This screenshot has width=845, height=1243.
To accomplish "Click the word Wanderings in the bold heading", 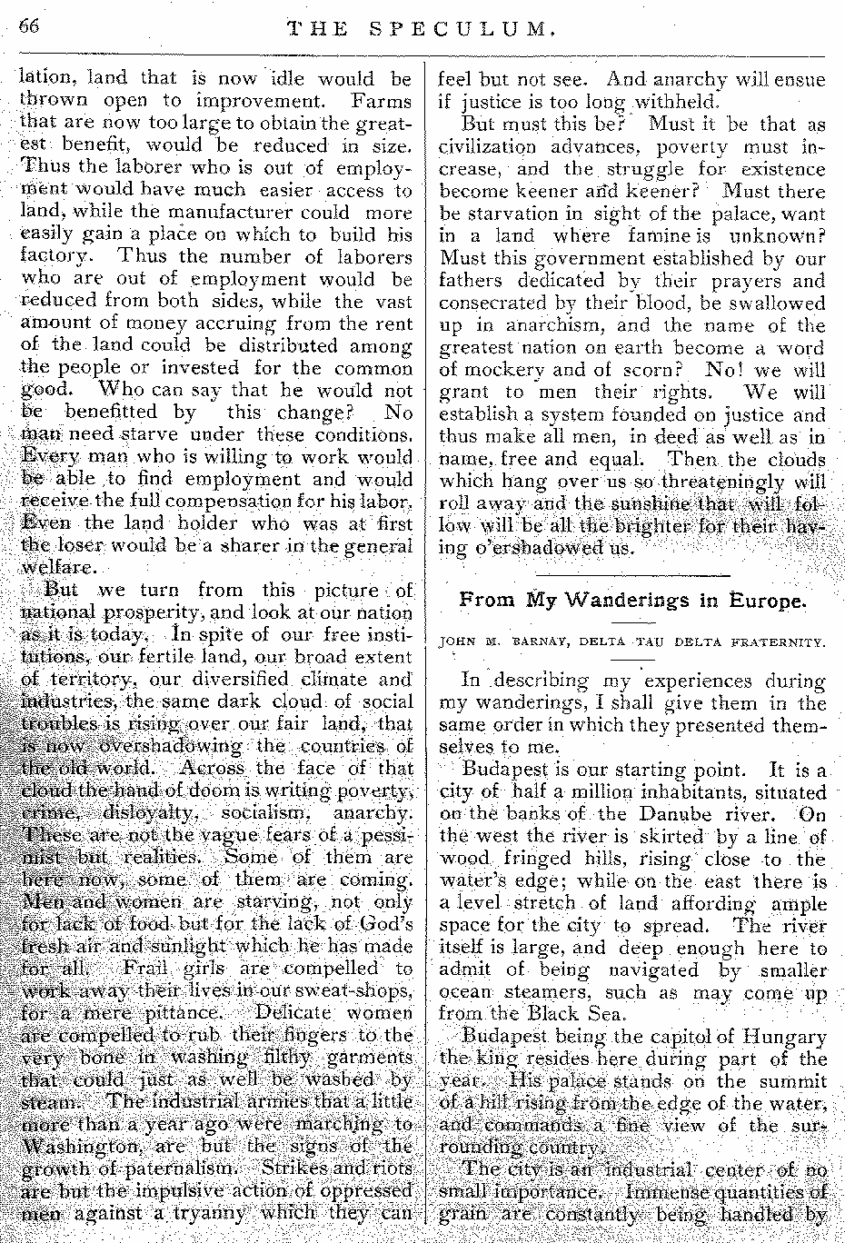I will coord(630,601).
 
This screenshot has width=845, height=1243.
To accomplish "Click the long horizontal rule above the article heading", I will coord(633,576).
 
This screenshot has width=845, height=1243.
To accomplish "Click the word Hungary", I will coord(783,1037).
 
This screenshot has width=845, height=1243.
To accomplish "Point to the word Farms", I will coord(381,102).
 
